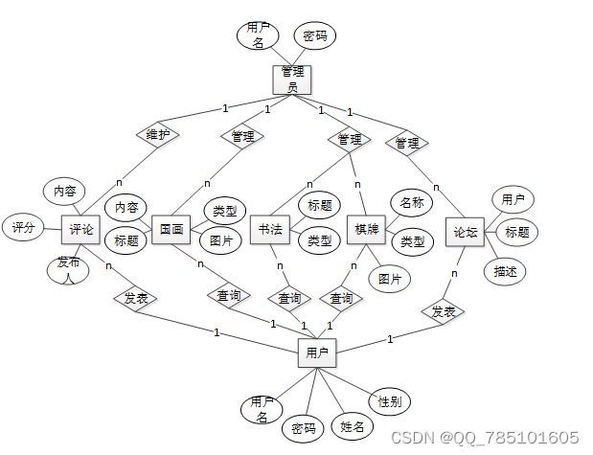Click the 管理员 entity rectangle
coord(292,79)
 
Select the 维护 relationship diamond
coord(158,135)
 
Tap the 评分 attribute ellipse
coord(23,228)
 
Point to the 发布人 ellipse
coord(68,269)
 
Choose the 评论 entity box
coord(81,229)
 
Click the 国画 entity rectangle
coord(171,229)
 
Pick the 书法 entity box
coord(270,230)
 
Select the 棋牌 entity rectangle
coord(366,230)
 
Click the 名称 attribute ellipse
coord(412,202)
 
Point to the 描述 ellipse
coord(505,271)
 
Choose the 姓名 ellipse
coord(353,425)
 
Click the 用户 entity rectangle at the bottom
coord(317,353)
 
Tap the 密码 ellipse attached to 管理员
coord(314,36)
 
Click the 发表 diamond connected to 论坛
coord(443,311)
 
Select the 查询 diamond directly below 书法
coord(289,299)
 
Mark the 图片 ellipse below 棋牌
coord(389,279)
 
